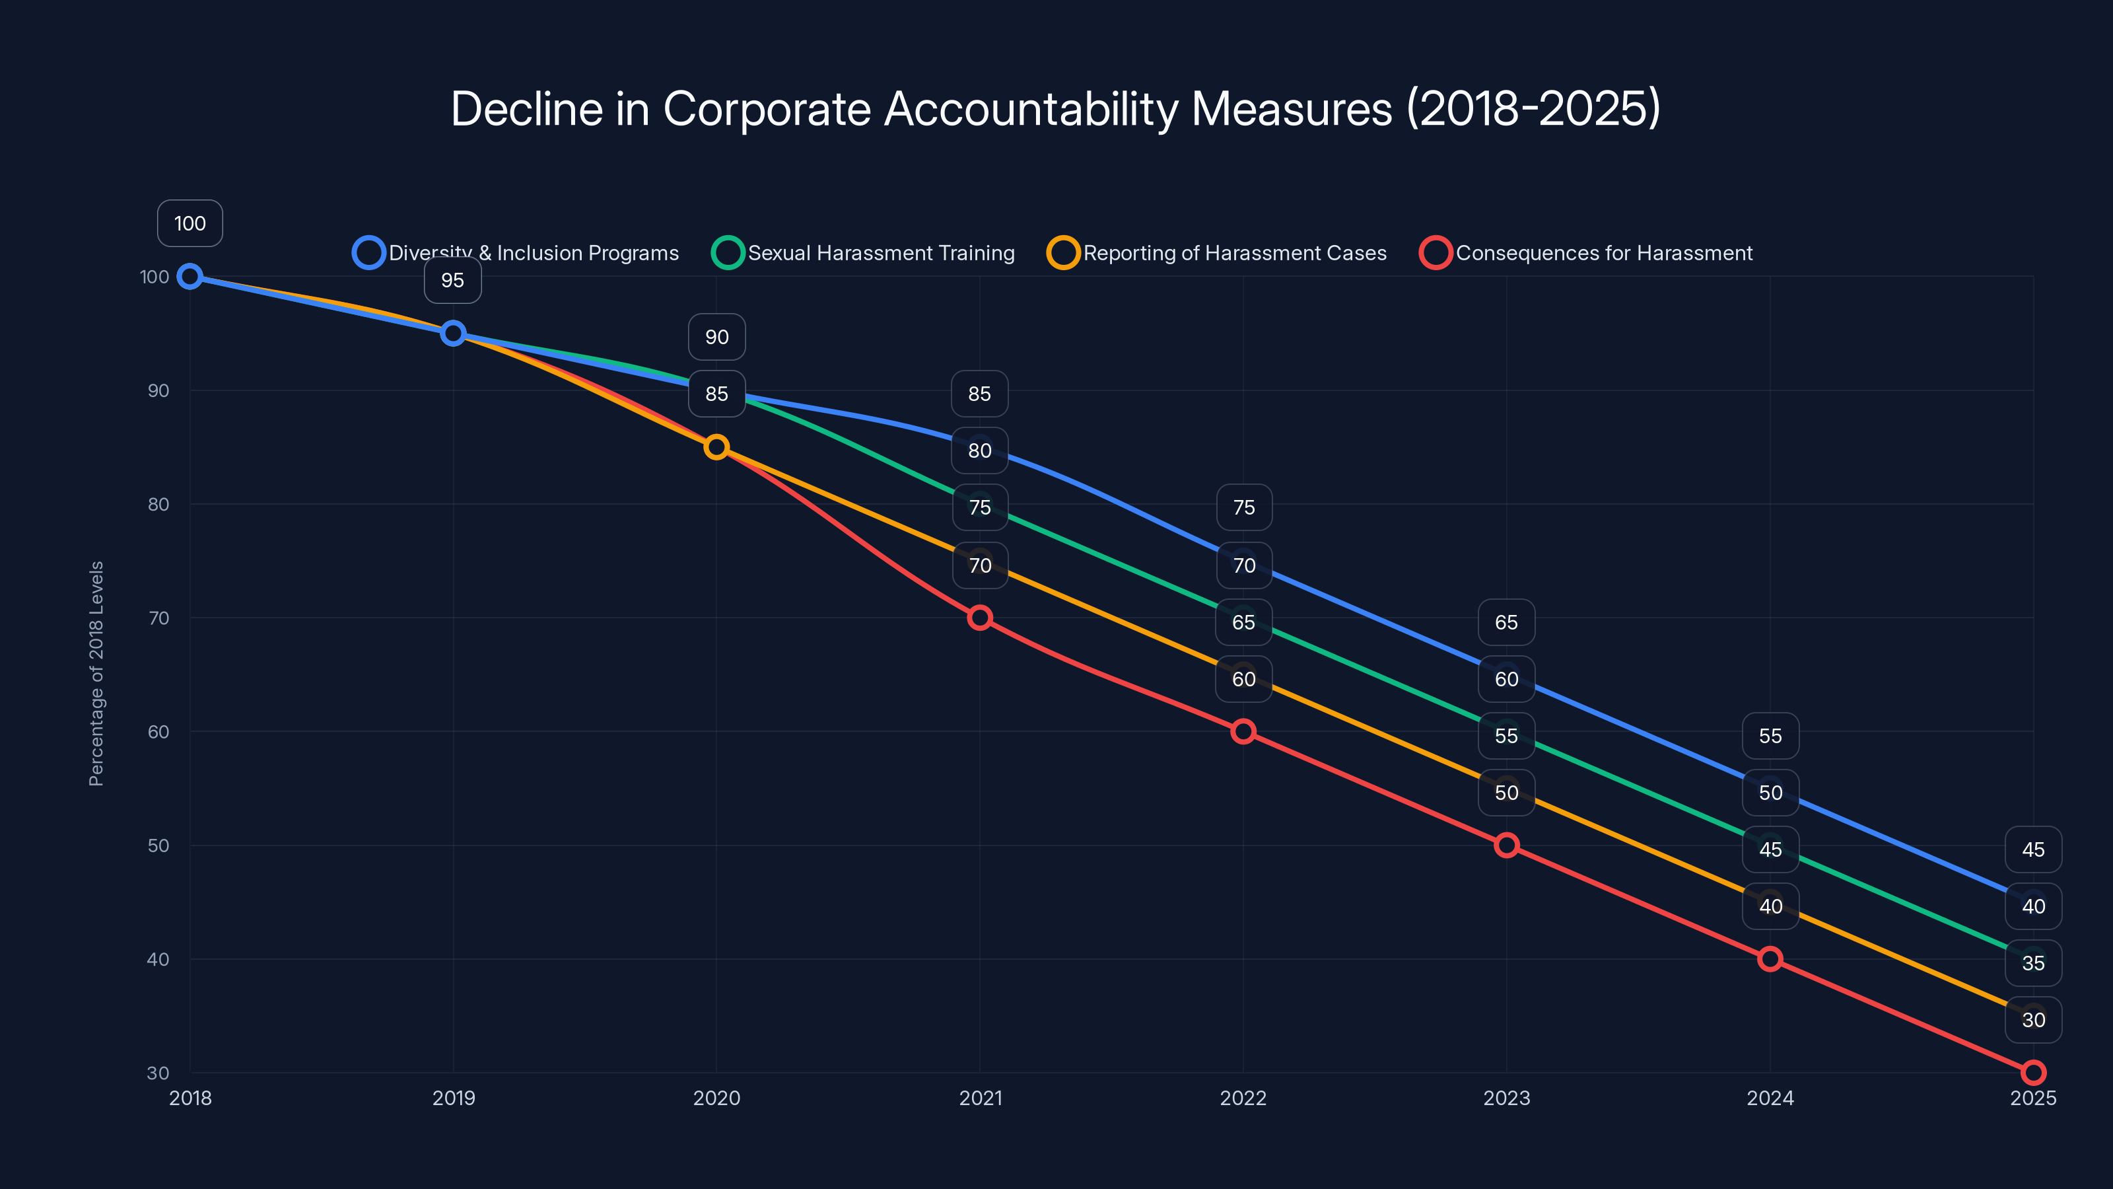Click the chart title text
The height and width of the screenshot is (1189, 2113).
click(x=1056, y=108)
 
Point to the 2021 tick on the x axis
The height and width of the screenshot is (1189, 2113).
click(x=980, y=1098)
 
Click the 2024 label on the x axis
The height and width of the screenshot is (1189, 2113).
click(x=1770, y=1098)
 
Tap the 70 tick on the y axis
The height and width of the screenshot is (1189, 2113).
click(x=158, y=618)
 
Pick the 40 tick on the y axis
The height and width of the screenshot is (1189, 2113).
click(x=158, y=959)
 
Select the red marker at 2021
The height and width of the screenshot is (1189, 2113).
click(x=979, y=618)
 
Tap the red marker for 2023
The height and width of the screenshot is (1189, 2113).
click(x=1506, y=846)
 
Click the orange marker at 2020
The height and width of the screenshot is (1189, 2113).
click(x=717, y=447)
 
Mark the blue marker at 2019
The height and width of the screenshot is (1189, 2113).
click(x=453, y=333)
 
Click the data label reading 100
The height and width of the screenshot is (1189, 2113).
click(x=190, y=223)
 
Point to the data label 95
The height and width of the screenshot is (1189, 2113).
click(x=453, y=281)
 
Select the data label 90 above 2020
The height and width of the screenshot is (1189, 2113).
click(x=717, y=338)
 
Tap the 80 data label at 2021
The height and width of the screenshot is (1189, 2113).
click(x=979, y=450)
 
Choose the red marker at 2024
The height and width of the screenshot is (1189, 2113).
click(x=1770, y=959)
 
